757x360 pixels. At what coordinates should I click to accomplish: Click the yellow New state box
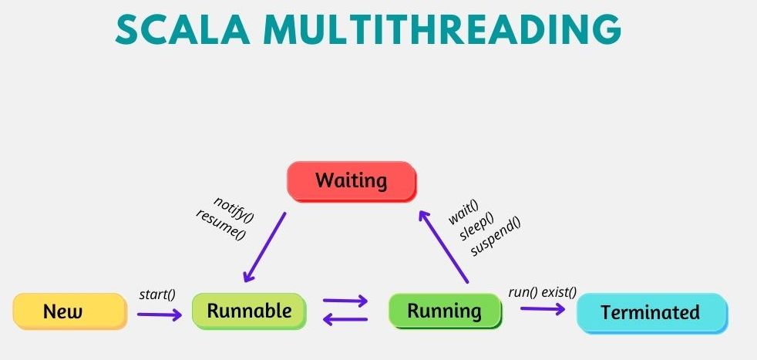70,311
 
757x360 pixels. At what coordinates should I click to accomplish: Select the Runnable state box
249,311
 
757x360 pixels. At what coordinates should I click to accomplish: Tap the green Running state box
445,311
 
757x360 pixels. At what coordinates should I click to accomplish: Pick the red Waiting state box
352,181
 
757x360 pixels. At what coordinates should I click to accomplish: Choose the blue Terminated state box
652,313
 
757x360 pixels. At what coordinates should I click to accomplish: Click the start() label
157,294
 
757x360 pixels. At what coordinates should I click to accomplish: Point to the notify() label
234,210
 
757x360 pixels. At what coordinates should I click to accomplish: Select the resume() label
221,225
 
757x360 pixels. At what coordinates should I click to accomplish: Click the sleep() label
477,226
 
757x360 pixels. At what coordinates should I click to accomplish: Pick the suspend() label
496,237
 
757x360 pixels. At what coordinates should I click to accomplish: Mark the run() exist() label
543,292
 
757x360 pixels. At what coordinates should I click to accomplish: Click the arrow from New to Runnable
160,315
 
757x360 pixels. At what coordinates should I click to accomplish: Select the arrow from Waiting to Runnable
264,247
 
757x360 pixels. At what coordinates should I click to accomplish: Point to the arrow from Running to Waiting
443,246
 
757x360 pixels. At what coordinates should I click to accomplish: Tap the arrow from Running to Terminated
543,309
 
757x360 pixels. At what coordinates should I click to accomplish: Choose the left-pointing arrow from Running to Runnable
345,318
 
